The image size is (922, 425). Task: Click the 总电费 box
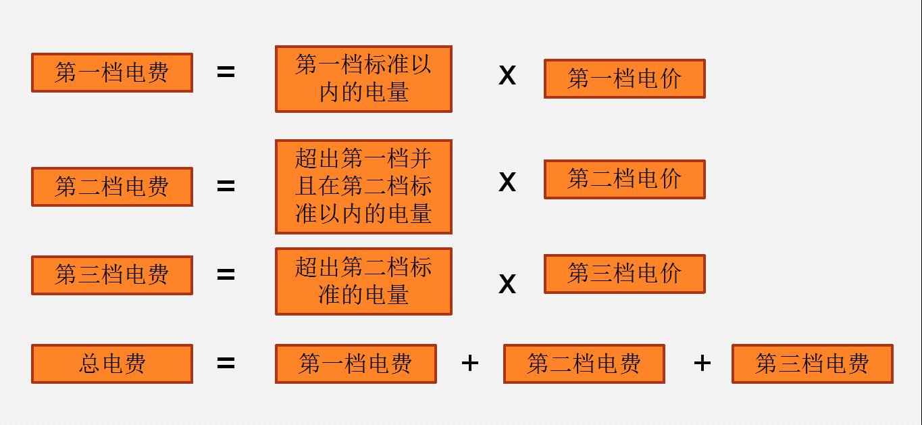112,364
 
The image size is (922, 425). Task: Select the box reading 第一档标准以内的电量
363,78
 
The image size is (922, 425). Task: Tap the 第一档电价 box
624,78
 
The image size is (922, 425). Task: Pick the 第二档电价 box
624,179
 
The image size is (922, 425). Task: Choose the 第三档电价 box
624,274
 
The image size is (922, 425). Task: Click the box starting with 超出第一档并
363,186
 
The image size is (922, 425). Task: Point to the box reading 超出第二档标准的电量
363,281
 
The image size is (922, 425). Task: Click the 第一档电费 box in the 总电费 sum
355,364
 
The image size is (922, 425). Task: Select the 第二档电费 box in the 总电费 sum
584,364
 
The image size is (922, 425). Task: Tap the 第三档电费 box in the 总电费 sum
812,364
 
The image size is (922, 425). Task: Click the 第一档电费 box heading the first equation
112,72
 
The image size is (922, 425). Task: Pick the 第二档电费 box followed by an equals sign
112,186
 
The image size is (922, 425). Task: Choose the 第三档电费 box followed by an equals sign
112,275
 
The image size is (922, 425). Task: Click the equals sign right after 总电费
226,364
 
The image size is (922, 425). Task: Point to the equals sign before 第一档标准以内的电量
226,72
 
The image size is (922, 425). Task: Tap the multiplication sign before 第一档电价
507,75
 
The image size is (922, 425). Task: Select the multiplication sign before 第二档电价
507,182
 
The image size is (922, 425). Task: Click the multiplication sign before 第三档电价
507,284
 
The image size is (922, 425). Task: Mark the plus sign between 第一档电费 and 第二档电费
470,364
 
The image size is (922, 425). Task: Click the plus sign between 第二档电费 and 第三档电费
702,364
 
